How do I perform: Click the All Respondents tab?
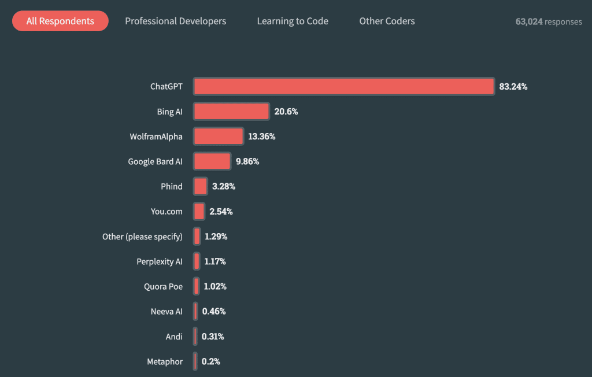click(x=60, y=21)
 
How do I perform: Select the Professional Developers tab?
click(x=176, y=21)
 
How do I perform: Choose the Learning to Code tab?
click(x=293, y=21)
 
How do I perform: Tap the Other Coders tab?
click(x=387, y=21)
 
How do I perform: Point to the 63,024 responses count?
click(x=549, y=21)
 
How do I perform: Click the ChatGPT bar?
click(x=343, y=87)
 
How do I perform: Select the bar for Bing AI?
click(x=231, y=112)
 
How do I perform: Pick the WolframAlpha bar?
click(x=219, y=136)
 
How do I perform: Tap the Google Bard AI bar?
click(x=212, y=161)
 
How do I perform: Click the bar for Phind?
click(x=201, y=186)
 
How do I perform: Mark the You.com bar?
click(x=199, y=212)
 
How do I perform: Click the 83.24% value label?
click(x=513, y=87)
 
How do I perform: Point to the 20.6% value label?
click(x=286, y=112)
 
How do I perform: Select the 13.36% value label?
click(x=262, y=136)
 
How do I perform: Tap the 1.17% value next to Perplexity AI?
click(x=214, y=261)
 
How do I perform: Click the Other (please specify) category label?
click(x=142, y=236)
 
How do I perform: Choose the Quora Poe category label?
click(x=163, y=286)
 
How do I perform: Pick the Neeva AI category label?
click(x=166, y=311)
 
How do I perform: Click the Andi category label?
click(x=174, y=337)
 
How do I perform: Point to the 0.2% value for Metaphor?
click(x=211, y=361)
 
